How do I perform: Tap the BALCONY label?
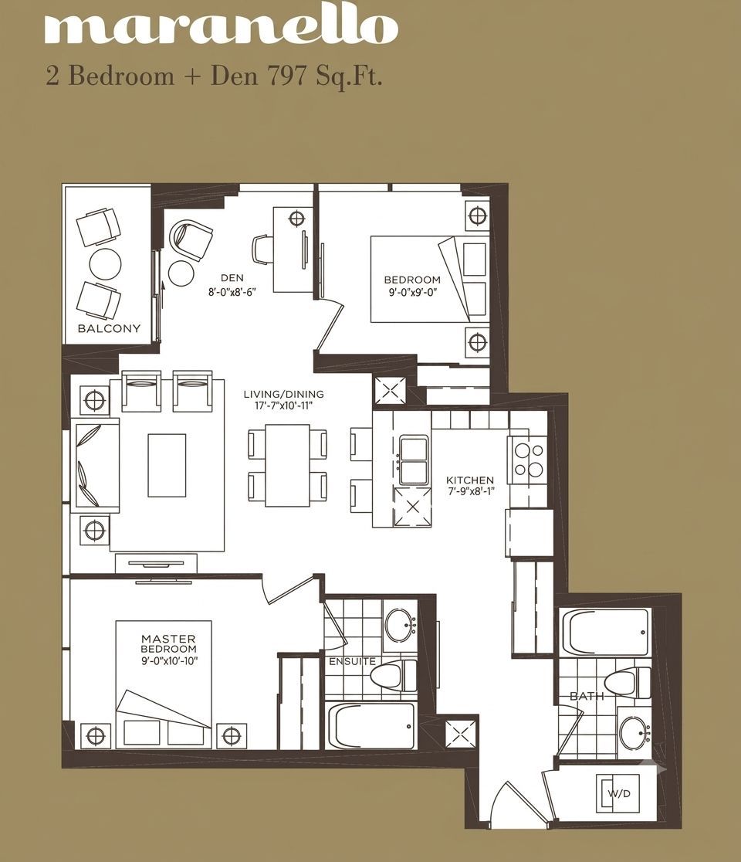tap(109, 329)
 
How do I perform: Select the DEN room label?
tap(232, 278)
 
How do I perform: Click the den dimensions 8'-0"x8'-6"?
tap(232, 292)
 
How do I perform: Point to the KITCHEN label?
tap(469, 480)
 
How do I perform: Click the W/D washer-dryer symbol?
tap(618, 794)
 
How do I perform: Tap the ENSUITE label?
tap(352, 661)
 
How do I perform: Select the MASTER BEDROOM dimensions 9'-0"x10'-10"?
tap(168, 660)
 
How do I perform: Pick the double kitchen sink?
tap(414, 460)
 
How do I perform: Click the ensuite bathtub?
tap(371, 725)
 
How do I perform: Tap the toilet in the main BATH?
tap(627, 682)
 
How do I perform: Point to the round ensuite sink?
tap(400, 624)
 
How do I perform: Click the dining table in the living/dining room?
tap(287, 465)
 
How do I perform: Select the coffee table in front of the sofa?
tap(167, 465)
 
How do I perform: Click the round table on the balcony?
tap(105, 264)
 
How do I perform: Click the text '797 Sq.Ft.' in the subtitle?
tap(324, 76)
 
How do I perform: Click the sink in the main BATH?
tap(634, 732)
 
